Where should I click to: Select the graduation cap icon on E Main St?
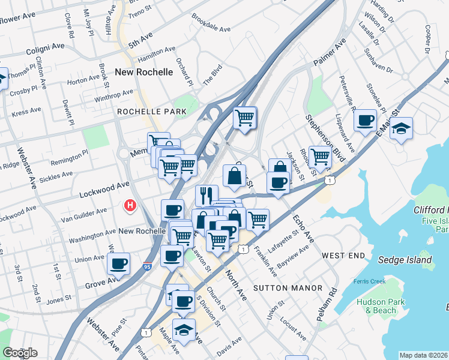coord(401,129)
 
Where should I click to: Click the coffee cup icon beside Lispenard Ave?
coord(365,121)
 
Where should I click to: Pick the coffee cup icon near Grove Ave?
coord(118,263)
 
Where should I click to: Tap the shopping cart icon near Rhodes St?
coord(320,157)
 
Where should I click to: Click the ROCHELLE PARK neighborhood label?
coord(143,112)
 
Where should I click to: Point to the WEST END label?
coord(343,256)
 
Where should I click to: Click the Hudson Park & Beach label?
coord(376,306)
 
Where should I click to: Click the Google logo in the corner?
coord(20,353)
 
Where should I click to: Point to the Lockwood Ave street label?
coord(104,190)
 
